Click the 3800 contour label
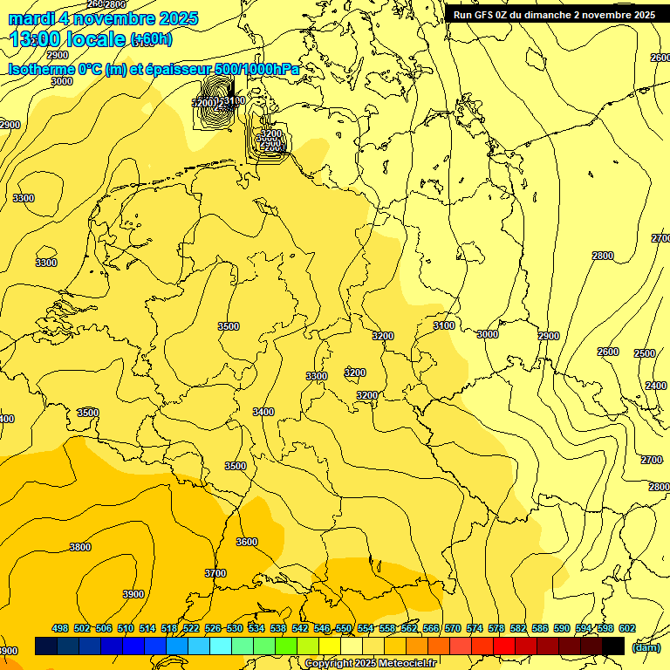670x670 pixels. [80, 547]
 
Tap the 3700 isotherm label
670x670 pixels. [215, 573]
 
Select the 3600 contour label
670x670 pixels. [247, 542]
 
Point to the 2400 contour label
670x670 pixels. [656, 386]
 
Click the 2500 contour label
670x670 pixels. [644, 353]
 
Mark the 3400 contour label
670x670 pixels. [263, 412]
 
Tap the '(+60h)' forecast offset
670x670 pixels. [151, 40]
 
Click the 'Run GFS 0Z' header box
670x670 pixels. [554, 15]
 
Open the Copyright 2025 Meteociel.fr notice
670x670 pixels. [370, 664]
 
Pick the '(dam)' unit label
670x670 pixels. [645, 647]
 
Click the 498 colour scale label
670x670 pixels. [60, 628]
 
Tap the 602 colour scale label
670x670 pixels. [627, 628]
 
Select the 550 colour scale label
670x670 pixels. [344, 628]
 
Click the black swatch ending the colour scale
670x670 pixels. [613, 646]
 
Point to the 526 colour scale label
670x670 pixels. [213, 628]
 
